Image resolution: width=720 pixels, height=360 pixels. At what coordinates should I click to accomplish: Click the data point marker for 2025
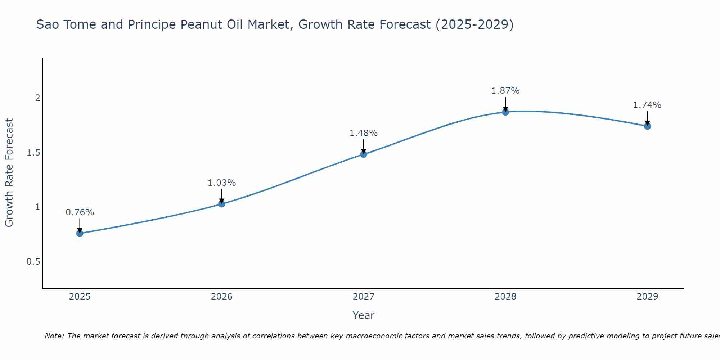tap(80, 233)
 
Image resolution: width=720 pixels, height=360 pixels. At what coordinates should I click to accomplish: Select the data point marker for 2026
tap(222, 204)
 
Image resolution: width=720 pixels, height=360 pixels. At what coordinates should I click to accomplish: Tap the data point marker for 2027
tap(364, 154)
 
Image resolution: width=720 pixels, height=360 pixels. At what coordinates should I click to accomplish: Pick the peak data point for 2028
tap(505, 112)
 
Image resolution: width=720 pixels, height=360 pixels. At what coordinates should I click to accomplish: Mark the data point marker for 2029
tap(647, 126)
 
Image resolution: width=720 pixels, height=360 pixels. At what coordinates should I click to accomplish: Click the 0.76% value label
tap(80, 212)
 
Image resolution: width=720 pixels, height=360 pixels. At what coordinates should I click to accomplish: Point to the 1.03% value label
tap(222, 183)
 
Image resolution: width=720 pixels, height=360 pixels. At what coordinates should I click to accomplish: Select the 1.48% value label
tap(364, 133)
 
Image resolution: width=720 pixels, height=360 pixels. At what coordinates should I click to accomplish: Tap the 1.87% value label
tap(505, 91)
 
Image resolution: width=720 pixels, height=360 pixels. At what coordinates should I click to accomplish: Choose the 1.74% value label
tap(647, 105)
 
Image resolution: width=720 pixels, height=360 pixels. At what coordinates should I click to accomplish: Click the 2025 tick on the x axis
tap(80, 297)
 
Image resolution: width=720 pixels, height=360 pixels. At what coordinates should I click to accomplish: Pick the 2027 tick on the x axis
tap(364, 297)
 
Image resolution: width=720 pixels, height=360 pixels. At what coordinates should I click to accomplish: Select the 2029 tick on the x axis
tap(647, 297)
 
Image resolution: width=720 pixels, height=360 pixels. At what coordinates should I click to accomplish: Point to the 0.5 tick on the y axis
tap(33, 262)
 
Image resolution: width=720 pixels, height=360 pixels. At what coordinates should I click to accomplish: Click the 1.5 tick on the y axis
tap(33, 153)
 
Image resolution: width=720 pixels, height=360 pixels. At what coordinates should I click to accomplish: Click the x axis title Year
tap(364, 315)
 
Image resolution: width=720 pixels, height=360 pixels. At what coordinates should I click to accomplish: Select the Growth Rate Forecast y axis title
tap(9, 173)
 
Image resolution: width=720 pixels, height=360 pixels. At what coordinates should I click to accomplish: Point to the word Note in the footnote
tap(54, 336)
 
